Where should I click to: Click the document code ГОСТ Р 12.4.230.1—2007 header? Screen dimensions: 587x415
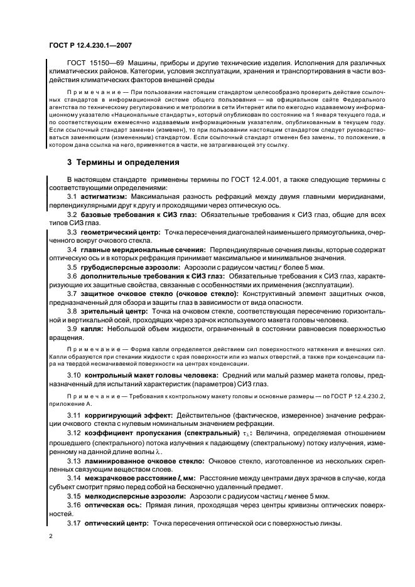click(x=90, y=45)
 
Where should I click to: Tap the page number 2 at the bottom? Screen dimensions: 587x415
click(x=51, y=537)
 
